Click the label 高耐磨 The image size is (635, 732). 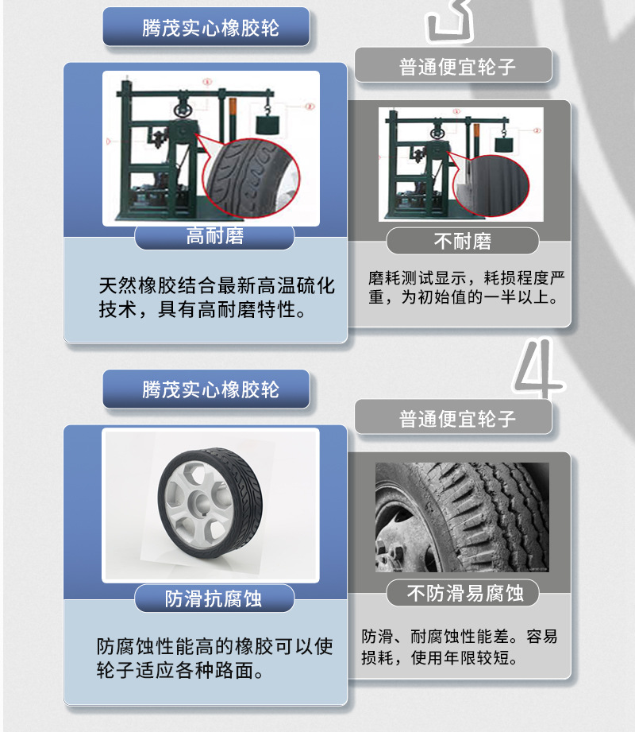214,236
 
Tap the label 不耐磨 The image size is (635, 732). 462,241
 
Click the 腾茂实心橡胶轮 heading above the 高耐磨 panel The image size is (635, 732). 210,29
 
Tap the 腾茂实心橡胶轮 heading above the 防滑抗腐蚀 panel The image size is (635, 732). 210,390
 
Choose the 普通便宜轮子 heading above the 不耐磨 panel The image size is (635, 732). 457,67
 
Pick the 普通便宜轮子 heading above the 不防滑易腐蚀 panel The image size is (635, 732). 457,419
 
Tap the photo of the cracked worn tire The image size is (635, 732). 462,517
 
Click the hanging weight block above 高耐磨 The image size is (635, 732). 269,125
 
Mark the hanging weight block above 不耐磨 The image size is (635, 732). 502,144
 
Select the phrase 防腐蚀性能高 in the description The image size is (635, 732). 155,646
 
